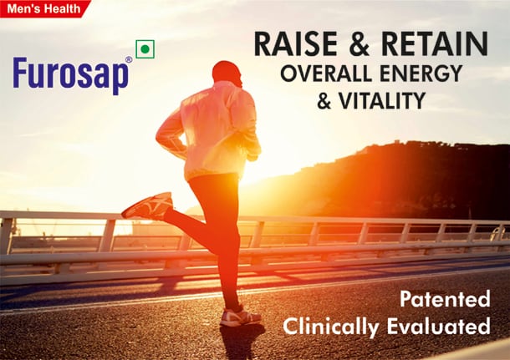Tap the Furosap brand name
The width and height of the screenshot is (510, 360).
point(71,76)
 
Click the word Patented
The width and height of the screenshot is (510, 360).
point(443,298)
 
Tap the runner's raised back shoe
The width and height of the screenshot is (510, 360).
point(148,205)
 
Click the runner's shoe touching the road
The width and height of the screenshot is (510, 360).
point(240,317)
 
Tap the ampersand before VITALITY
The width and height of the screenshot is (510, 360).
point(326,101)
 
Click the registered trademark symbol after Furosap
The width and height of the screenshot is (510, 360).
point(129,60)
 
